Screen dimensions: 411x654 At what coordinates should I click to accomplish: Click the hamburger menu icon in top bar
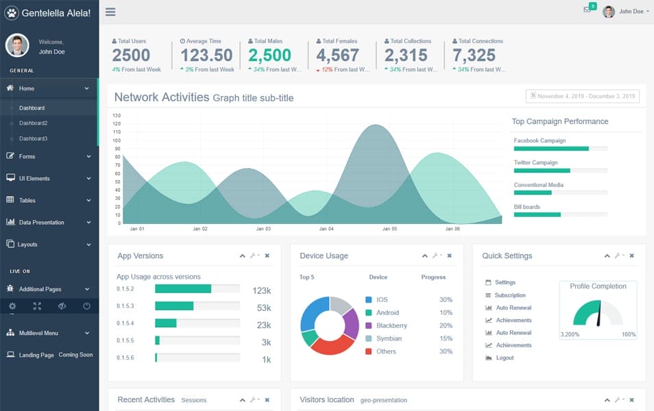(x=110, y=12)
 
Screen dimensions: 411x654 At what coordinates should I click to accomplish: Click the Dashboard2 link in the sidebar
(x=33, y=123)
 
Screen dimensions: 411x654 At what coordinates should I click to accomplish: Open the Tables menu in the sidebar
(x=27, y=201)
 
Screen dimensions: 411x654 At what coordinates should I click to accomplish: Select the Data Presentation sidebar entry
(x=41, y=223)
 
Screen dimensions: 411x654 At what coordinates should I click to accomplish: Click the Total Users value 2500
(x=131, y=55)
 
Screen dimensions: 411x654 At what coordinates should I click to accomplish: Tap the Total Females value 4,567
(x=337, y=55)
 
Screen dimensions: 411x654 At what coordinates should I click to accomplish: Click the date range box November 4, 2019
(x=582, y=97)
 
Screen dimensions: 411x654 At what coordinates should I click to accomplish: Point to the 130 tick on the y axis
(x=117, y=116)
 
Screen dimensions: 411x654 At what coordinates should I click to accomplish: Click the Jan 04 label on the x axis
(x=326, y=229)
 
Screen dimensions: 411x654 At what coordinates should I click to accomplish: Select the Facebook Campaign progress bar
(x=560, y=149)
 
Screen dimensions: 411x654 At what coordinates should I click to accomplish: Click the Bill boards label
(x=526, y=207)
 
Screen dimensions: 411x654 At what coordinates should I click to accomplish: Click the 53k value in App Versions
(x=264, y=308)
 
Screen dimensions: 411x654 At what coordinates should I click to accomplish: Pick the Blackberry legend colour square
(x=369, y=326)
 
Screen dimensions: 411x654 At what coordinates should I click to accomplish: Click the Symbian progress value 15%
(x=446, y=338)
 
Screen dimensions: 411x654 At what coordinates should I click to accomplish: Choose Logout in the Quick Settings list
(x=505, y=358)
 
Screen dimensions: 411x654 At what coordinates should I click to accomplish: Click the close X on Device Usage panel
(x=450, y=256)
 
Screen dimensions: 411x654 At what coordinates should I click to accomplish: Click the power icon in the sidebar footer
(x=86, y=306)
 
